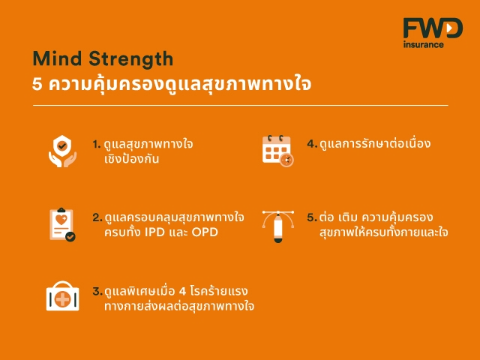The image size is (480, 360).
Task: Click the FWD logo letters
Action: (433, 28)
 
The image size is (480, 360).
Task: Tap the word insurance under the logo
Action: (423, 45)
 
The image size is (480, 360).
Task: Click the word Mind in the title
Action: (57, 58)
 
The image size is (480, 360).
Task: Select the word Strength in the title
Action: (131, 59)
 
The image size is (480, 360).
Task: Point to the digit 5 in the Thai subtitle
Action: (37, 84)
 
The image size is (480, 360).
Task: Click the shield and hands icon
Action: (62, 151)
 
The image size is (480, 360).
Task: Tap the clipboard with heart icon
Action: (62, 225)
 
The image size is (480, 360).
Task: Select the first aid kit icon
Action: (62, 296)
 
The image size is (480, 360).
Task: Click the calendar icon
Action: (278, 151)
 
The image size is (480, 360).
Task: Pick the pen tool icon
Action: (278, 226)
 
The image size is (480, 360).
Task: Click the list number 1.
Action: (97, 144)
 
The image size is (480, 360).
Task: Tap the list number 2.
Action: (97, 217)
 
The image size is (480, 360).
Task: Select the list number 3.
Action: (97, 291)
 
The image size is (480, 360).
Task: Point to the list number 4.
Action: (312, 144)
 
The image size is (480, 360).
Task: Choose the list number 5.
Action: (312, 217)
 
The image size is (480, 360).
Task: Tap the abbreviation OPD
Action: (205, 232)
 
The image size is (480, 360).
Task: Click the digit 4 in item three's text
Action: (182, 291)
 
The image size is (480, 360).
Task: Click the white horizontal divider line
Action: (241, 105)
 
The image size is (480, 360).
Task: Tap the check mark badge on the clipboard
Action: (70, 237)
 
